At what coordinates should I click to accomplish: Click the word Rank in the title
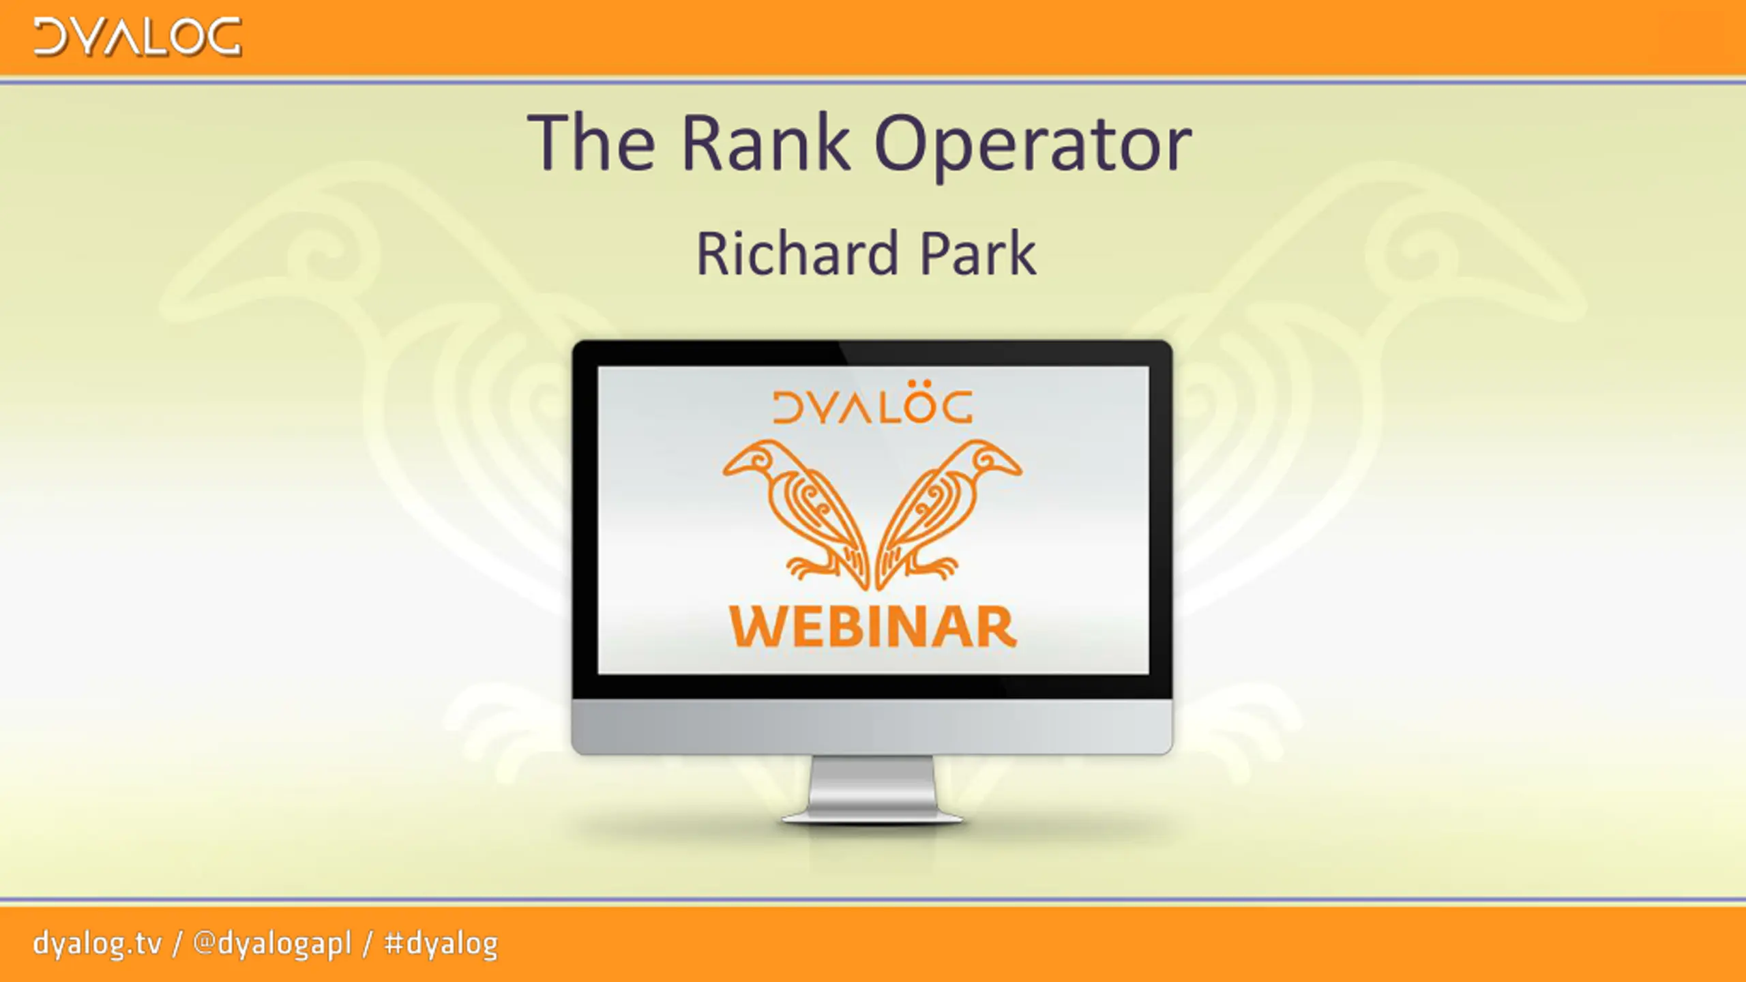(x=767, y=143)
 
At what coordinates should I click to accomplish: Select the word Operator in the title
(x=1033, y=147)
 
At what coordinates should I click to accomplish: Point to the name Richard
(x=797, y=253)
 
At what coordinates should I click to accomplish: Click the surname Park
(x=978, y=253)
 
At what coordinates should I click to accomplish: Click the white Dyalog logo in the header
(x=138, y=37)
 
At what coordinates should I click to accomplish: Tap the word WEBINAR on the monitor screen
(x=873, y=627)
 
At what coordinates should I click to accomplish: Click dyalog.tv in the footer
(x=98, y=944)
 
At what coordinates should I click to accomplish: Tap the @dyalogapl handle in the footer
(x=272, y=944)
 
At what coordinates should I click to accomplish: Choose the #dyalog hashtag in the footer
(x=441, y=944)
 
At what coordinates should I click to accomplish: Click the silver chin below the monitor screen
(x=872, y=726)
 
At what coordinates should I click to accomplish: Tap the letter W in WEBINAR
(x=758, y=628)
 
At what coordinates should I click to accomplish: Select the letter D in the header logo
(x=50, y=37)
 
